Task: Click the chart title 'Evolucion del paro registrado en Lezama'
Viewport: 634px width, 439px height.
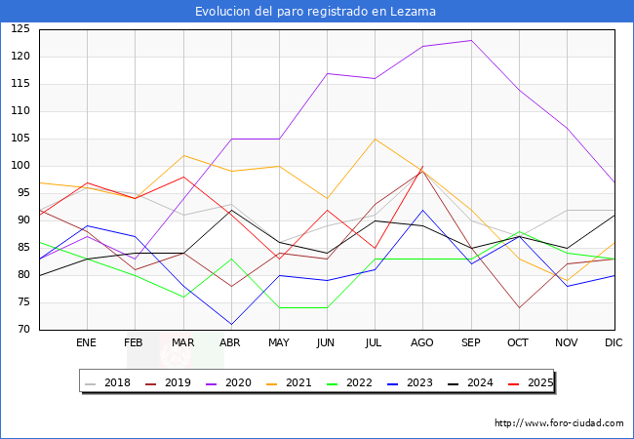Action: click(x=316, y=12)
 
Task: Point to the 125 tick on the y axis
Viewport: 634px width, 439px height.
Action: click(x=20, y=29)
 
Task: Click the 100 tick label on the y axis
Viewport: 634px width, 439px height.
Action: click(x=20, y=166)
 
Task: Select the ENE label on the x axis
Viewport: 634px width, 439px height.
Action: click(x=87, y=342)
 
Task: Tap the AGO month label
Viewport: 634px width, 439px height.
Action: click(x=422, y=342)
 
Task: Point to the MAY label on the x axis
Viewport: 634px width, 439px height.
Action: click(x=279, y=342)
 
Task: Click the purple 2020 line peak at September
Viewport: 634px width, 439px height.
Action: click(x=471, y=40)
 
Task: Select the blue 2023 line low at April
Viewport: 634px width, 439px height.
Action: click(x=231, y=324)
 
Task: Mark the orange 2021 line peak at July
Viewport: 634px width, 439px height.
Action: click(x=375, y=139)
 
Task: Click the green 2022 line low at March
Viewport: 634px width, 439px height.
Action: click(x=182, y=297)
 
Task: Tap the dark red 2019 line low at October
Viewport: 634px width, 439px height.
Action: click(x=519, y=307)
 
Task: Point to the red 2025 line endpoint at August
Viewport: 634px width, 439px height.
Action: click(x=422, y=168)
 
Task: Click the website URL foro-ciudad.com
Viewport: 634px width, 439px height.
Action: click(x=559, y=423)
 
